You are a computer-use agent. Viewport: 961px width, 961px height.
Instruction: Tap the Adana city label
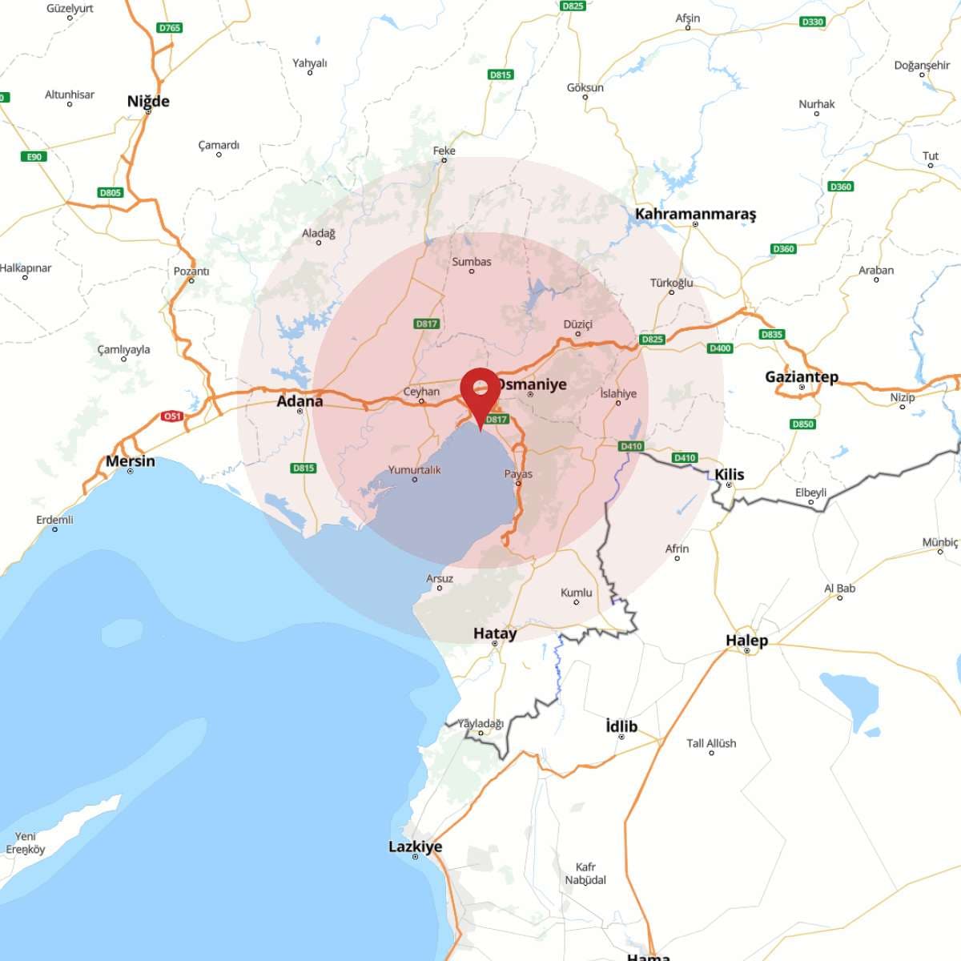[300, 400]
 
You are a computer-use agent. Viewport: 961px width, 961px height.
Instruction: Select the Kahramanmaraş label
[695, 214]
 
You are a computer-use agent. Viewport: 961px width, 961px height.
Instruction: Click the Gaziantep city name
[802, 376]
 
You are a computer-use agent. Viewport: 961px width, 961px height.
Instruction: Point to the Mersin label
[131, 461]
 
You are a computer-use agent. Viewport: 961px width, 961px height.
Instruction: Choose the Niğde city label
[148, 101]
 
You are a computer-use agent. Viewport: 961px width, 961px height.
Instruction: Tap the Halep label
[746, 640]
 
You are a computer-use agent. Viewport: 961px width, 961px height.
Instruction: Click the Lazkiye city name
[415, 846]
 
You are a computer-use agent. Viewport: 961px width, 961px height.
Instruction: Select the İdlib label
[621, 726]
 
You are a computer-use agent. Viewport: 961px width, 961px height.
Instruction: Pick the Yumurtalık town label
[414, 470]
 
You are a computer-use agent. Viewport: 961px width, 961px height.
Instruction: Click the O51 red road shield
[172, 416]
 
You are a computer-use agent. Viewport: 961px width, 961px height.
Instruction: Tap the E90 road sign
[34, 157]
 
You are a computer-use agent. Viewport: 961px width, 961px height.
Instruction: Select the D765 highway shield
[170, 28]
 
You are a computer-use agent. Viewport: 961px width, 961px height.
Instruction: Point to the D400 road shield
[720, 348]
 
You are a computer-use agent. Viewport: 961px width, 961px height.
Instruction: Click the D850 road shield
[802, 424]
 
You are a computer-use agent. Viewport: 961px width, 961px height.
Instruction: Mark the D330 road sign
[812, 22]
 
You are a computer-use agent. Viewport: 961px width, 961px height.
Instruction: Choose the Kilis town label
[730, 474]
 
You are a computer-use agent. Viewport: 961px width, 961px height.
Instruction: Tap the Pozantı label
[191, 271]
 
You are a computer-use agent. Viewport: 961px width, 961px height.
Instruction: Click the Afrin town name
[677, 549]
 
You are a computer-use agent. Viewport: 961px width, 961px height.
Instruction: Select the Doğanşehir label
[922, 65]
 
